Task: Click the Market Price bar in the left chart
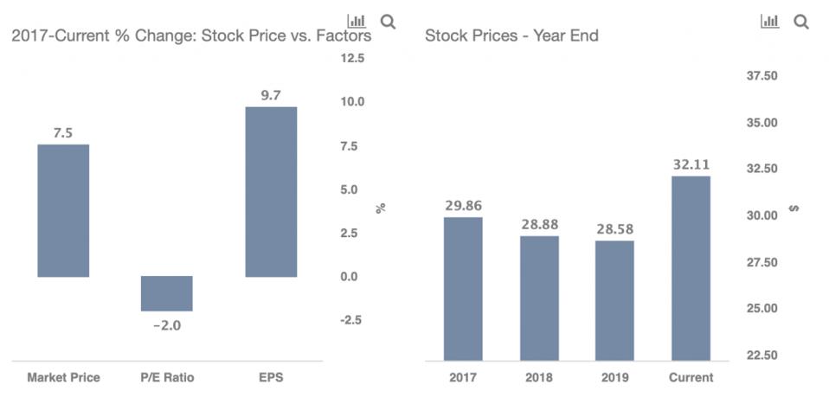pos(63,210)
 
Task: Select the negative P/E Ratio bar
pos(167,293)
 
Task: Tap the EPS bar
pos(271,191)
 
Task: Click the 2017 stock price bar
pos(463,288)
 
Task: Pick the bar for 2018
pos(539,298)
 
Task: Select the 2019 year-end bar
pos(614,300)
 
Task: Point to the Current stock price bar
pos(691,268)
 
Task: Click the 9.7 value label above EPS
pos(271,95)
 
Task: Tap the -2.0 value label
pos(167,325)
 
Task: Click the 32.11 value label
pos(691,164)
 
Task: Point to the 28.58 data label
pos(614,228)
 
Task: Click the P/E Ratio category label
pos(167,377)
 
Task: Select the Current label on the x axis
pos(691,377)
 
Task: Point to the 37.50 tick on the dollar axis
pos(762,76)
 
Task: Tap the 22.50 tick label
pos(762,355)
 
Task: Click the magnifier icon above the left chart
pos(388,22)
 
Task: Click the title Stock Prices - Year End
pos(511,35)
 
